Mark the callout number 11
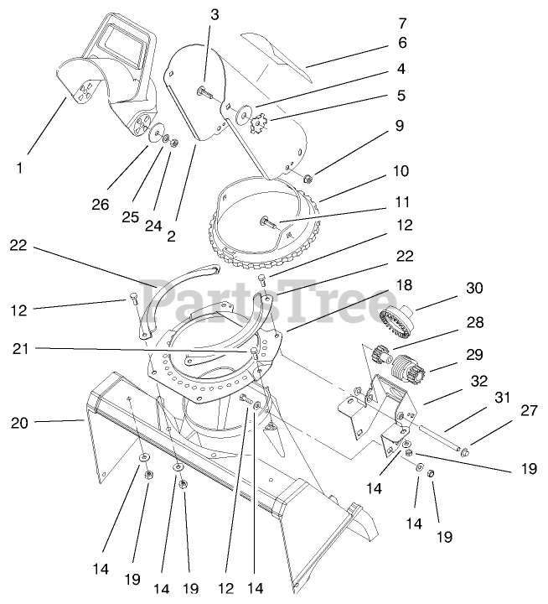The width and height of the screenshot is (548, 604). (402, 202)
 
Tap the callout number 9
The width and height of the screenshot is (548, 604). (400, 127)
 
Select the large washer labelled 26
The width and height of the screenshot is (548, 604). (157, 133)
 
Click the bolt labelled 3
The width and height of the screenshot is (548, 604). (203, 91)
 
